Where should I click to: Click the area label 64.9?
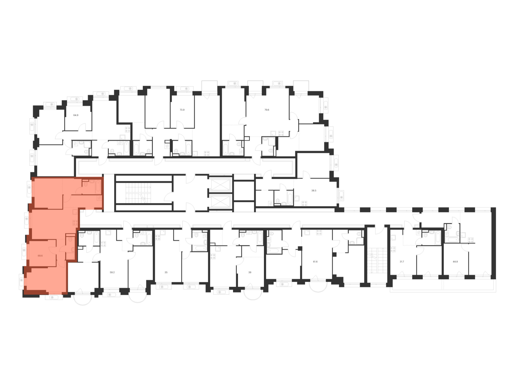pyautogui.click(x=76, y=115)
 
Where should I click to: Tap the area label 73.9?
pyautogui.click(x=182, y=110)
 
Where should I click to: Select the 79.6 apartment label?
pyautogui.click(x=267, y=110)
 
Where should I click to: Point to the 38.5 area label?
pyautogui.click(x=314, y=191)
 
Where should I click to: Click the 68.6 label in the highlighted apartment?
pyautogui.click(x=40, y=256)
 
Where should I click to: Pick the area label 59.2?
pyautogui.click(x=112, y=272)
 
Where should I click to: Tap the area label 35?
pyautogui.click(x=166, y=272)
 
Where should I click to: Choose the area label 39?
pyautogui.click(x=250, y=272)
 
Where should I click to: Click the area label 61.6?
pyautogui.click(x=315, y=262)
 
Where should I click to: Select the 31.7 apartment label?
pyautogui.click(x=402, y=262)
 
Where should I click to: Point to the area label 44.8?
pyautogui.click(x=455, y=262)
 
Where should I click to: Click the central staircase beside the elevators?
pyautogui.click(x=138, y=193)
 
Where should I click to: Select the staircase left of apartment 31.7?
pyautogui.click(x=377, y=260)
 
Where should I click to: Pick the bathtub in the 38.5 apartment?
pyautogui.click(x=290, y=199)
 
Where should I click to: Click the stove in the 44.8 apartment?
pyautogui.click(x=471, y=240)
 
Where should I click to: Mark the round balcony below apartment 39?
pyautogui.click(x=253, y=295)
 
